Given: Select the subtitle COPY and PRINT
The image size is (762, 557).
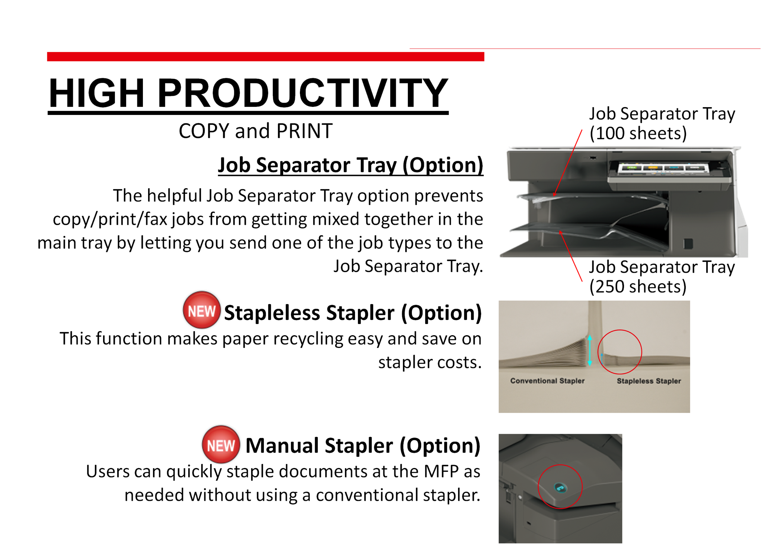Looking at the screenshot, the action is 255,131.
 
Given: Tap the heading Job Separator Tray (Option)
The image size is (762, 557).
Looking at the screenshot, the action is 350,165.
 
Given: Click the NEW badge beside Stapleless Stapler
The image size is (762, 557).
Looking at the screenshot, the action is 201,310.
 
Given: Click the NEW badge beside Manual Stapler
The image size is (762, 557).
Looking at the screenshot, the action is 221,444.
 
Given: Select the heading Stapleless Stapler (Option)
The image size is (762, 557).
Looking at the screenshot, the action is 353,313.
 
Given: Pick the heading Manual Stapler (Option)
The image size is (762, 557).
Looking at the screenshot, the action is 363,445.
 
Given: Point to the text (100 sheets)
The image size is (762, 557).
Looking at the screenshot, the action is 638,133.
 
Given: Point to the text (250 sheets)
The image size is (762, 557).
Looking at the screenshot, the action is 638,286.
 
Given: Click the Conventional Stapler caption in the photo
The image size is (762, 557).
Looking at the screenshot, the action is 547,381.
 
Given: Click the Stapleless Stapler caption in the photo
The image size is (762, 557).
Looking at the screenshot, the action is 649,381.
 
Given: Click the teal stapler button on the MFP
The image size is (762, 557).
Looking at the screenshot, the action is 560,487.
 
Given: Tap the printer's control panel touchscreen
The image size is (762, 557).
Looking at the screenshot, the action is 662,168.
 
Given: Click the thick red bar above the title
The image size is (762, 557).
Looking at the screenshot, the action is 266,57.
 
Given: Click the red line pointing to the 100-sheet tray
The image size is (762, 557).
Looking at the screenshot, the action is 568,163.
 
